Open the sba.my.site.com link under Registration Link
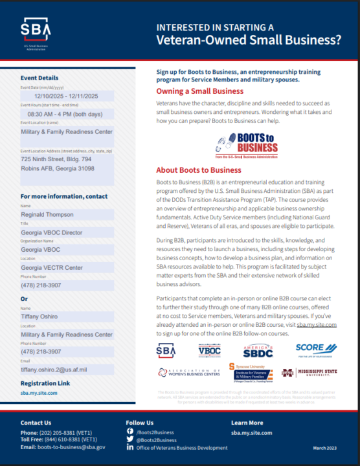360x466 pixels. [39, 393]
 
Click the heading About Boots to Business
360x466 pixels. [199, 170]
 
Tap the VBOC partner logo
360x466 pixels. [209, 350]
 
